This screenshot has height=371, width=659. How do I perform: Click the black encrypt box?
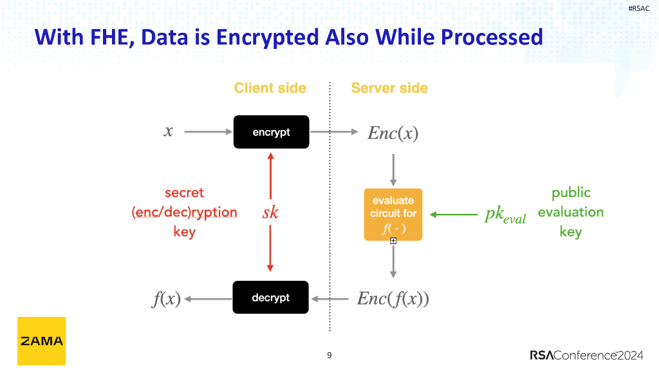pos(271,132)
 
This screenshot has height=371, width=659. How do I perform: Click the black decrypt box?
pos(270,298)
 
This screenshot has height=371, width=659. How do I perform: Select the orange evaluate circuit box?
pos(393,214)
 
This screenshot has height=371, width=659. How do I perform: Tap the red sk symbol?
pos(270,213)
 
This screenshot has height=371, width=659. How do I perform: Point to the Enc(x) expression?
pos(393,133)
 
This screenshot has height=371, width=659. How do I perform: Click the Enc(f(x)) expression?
pos(393,299)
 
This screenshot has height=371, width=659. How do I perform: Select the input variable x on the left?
pos(169,131)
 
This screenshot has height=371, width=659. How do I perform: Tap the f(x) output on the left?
pos(166,299)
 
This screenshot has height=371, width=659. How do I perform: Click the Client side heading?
pos(270,88)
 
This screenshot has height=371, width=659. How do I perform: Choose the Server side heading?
pos(389,88)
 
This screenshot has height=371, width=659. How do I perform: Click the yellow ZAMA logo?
pos(41,341)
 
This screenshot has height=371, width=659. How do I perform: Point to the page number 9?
pos(329,355)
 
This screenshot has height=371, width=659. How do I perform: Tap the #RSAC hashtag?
pos(638,8)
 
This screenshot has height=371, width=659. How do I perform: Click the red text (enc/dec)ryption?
pos(184,212)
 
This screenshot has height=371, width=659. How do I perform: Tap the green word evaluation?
pos(570,212)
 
